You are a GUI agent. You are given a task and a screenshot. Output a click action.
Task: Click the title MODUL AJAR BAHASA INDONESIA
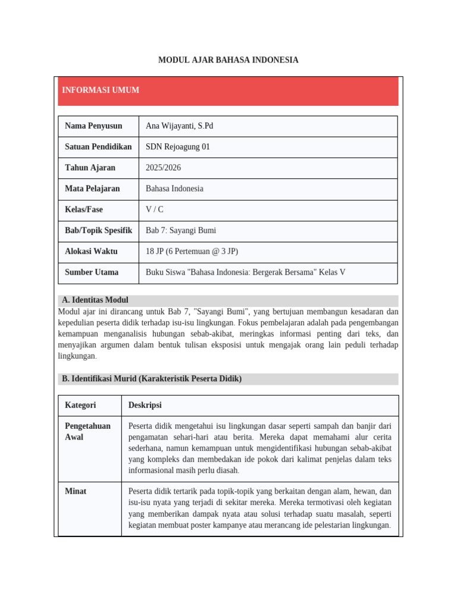coord(228,60)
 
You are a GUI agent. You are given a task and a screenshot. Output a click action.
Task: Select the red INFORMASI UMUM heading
coord(101,90)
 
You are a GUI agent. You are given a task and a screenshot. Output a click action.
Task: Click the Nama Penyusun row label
coord(93,126)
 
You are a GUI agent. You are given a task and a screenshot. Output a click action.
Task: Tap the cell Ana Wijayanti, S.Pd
coord(179,126)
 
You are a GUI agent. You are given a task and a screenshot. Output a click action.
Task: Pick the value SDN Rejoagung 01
coord(178,147)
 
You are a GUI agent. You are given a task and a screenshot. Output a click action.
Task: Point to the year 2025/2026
coord(163,168)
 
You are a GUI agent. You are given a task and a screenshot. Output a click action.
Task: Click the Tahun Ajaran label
coord(90,168)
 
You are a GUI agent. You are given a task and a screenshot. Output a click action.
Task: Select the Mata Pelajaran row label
coord(92,189)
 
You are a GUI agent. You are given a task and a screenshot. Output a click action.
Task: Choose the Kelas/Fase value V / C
coord(155,210)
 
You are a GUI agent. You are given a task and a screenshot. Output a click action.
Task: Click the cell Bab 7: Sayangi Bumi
coord(181,231)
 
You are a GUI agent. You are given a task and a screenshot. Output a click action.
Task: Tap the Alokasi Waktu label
coord(91,252)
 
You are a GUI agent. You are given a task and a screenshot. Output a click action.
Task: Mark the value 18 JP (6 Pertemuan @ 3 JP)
coord(192,252)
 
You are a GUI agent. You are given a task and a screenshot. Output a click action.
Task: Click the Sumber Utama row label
coord(92,272)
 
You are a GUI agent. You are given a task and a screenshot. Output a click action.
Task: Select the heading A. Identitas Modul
coord(95,300)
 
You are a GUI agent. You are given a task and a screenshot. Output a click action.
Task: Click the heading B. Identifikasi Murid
coord(152,379)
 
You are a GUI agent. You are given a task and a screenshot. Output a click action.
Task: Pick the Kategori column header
coord(80,405)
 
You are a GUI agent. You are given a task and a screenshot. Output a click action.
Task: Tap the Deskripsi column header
coord(145,405)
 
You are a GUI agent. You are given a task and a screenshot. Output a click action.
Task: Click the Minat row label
coord(76,491)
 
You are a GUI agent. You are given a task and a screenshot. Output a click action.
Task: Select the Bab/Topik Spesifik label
coord(98,231)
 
